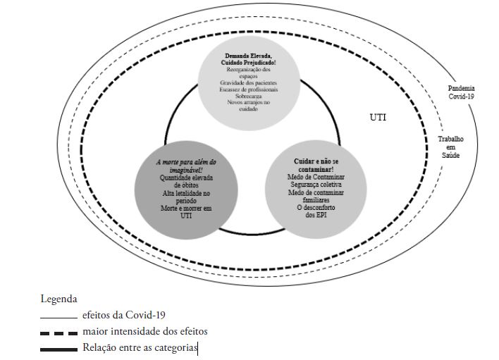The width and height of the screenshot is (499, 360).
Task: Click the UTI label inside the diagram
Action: point(378,117)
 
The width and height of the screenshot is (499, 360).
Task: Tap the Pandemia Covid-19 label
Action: point(461,92)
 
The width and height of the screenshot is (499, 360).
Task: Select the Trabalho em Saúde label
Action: point(450,147)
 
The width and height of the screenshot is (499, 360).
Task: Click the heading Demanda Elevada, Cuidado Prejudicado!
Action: point(255,59)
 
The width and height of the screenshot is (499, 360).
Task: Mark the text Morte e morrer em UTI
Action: point(187,213)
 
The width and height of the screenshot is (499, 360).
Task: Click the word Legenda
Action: point(58,299)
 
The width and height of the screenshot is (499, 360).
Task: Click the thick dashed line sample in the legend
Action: point(58,333)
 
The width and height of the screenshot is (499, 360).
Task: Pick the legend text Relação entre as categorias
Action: point(140,347)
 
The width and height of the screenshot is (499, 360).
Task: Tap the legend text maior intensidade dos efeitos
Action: point(144,331)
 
